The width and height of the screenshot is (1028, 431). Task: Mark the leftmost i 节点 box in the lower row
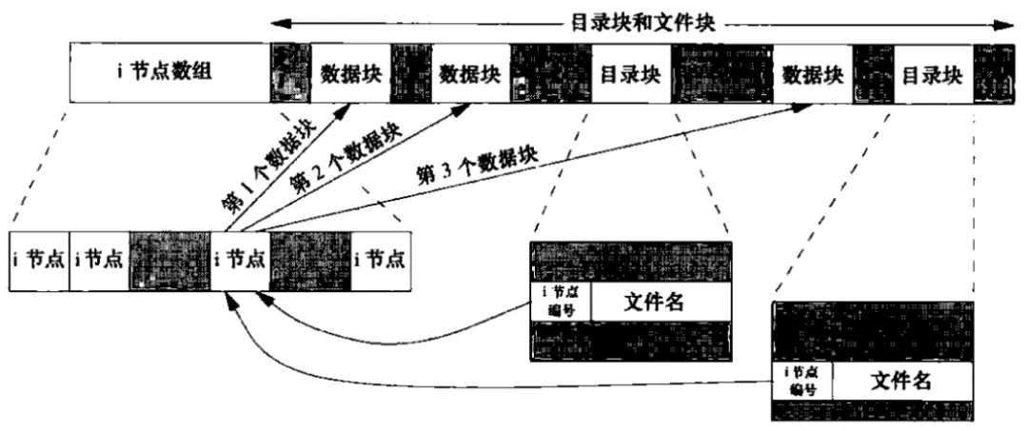tap(39, 260)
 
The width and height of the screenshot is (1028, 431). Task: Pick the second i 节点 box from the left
tap(99, 260)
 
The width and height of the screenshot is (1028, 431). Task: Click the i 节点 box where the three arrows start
tap(239, 260)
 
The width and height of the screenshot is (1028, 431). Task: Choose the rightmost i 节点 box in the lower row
tap(381, 260)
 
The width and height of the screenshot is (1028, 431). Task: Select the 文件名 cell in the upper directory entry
tap(661, 303)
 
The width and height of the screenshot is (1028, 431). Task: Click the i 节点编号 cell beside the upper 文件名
tap(561, 303)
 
